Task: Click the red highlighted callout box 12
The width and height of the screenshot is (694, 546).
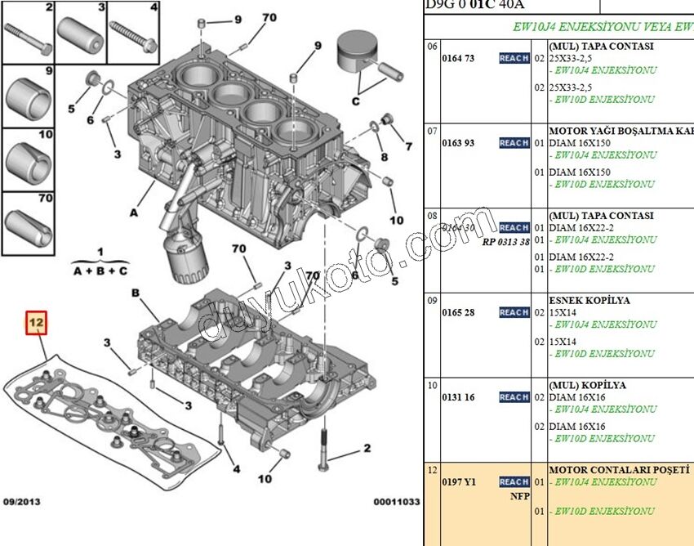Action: click(36, 324)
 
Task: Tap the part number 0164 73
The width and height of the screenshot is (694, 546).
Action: click(458, 59)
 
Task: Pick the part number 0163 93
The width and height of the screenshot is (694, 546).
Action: click(458, 143)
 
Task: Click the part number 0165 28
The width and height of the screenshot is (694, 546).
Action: click(458, 313)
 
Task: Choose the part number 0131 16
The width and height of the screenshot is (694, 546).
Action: click(458, 397)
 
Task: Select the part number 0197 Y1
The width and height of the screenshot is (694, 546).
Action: click(458, 482)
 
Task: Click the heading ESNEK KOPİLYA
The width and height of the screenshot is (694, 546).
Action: click(589, 300)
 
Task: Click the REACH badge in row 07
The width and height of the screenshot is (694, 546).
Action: click(514, 143)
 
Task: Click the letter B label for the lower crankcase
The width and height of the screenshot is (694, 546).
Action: click(136, 293)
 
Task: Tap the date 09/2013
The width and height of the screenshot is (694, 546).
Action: click(21, 502)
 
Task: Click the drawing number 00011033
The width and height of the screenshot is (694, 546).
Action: click(397, 502)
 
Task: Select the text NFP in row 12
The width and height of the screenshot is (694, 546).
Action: click(520, 496)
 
